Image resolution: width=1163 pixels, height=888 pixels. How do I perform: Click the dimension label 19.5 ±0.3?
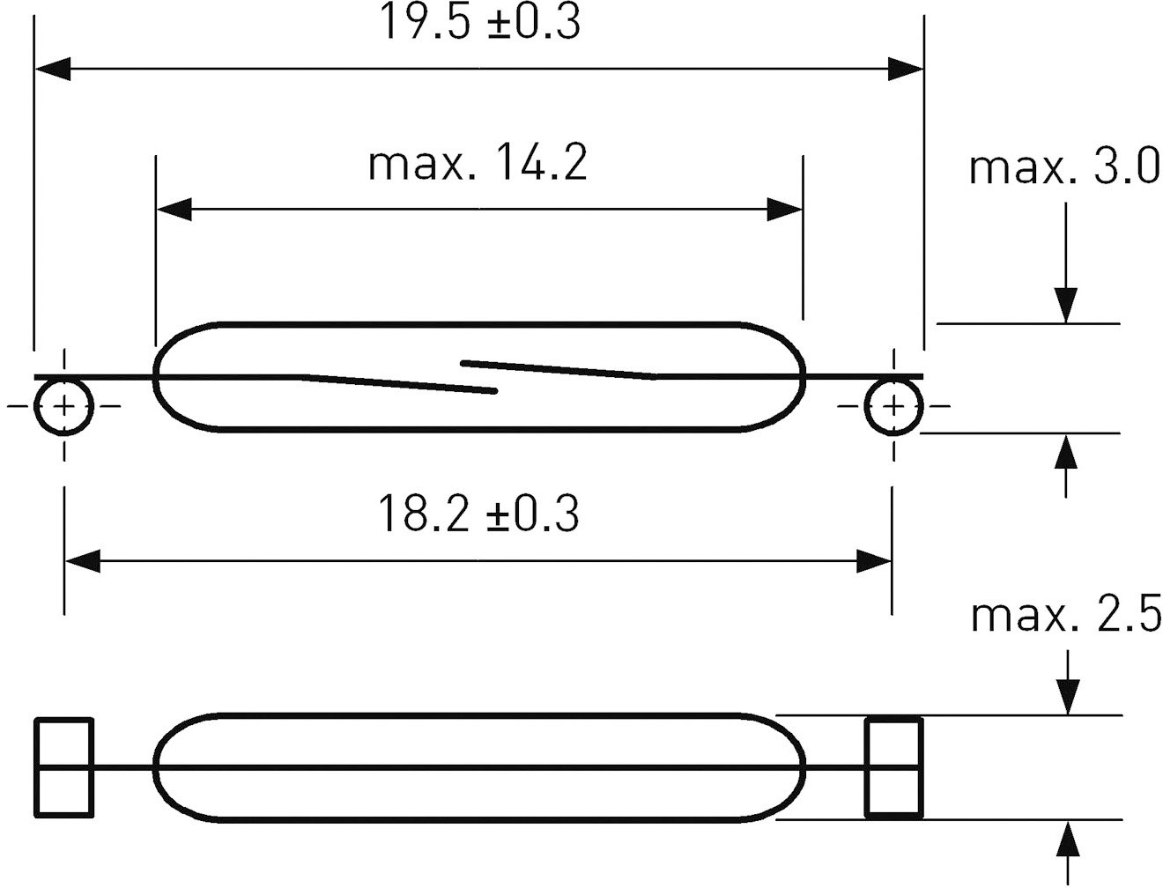click(x=479, y=24)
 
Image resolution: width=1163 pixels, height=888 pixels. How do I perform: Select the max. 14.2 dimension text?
click(x=478, y=164)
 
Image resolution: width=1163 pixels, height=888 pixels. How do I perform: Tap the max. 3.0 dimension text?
click(x=1064, y=167)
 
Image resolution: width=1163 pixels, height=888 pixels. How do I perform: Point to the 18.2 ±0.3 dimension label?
click(x=478, y=514)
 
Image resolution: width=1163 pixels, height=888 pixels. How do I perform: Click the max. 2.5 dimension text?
click(x=1066, y=614)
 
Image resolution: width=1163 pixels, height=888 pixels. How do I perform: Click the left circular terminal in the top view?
click(x=63, y=406)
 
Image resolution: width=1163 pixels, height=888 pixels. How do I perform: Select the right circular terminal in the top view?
click(x=893, y=406)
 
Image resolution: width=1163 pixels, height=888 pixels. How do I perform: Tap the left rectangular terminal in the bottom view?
click(x=63, y=767)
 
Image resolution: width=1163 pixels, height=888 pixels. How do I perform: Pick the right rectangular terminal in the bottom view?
click(x=893, y=767)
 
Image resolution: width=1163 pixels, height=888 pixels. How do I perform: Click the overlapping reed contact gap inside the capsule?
click(x=479, y=376)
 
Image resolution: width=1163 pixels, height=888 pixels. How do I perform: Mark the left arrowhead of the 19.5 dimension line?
click(x=53, y=68)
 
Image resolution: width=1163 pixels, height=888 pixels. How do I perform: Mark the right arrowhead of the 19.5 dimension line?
click(x=906, y=68)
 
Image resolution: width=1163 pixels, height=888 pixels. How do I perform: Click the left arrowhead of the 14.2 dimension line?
click(x=174, y=210)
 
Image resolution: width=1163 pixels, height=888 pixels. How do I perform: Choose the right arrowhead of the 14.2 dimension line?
click(x=785, y=210)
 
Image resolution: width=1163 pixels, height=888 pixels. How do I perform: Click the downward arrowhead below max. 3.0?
click(x=1066, y=306)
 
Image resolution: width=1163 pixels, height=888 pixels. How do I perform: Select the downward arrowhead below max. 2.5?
click(x=1068, y=697)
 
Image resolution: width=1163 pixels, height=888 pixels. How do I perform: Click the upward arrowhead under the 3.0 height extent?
click(x=1066, y=451)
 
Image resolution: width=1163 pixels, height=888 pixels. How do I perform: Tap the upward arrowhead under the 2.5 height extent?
click(x=1068, y=839)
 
